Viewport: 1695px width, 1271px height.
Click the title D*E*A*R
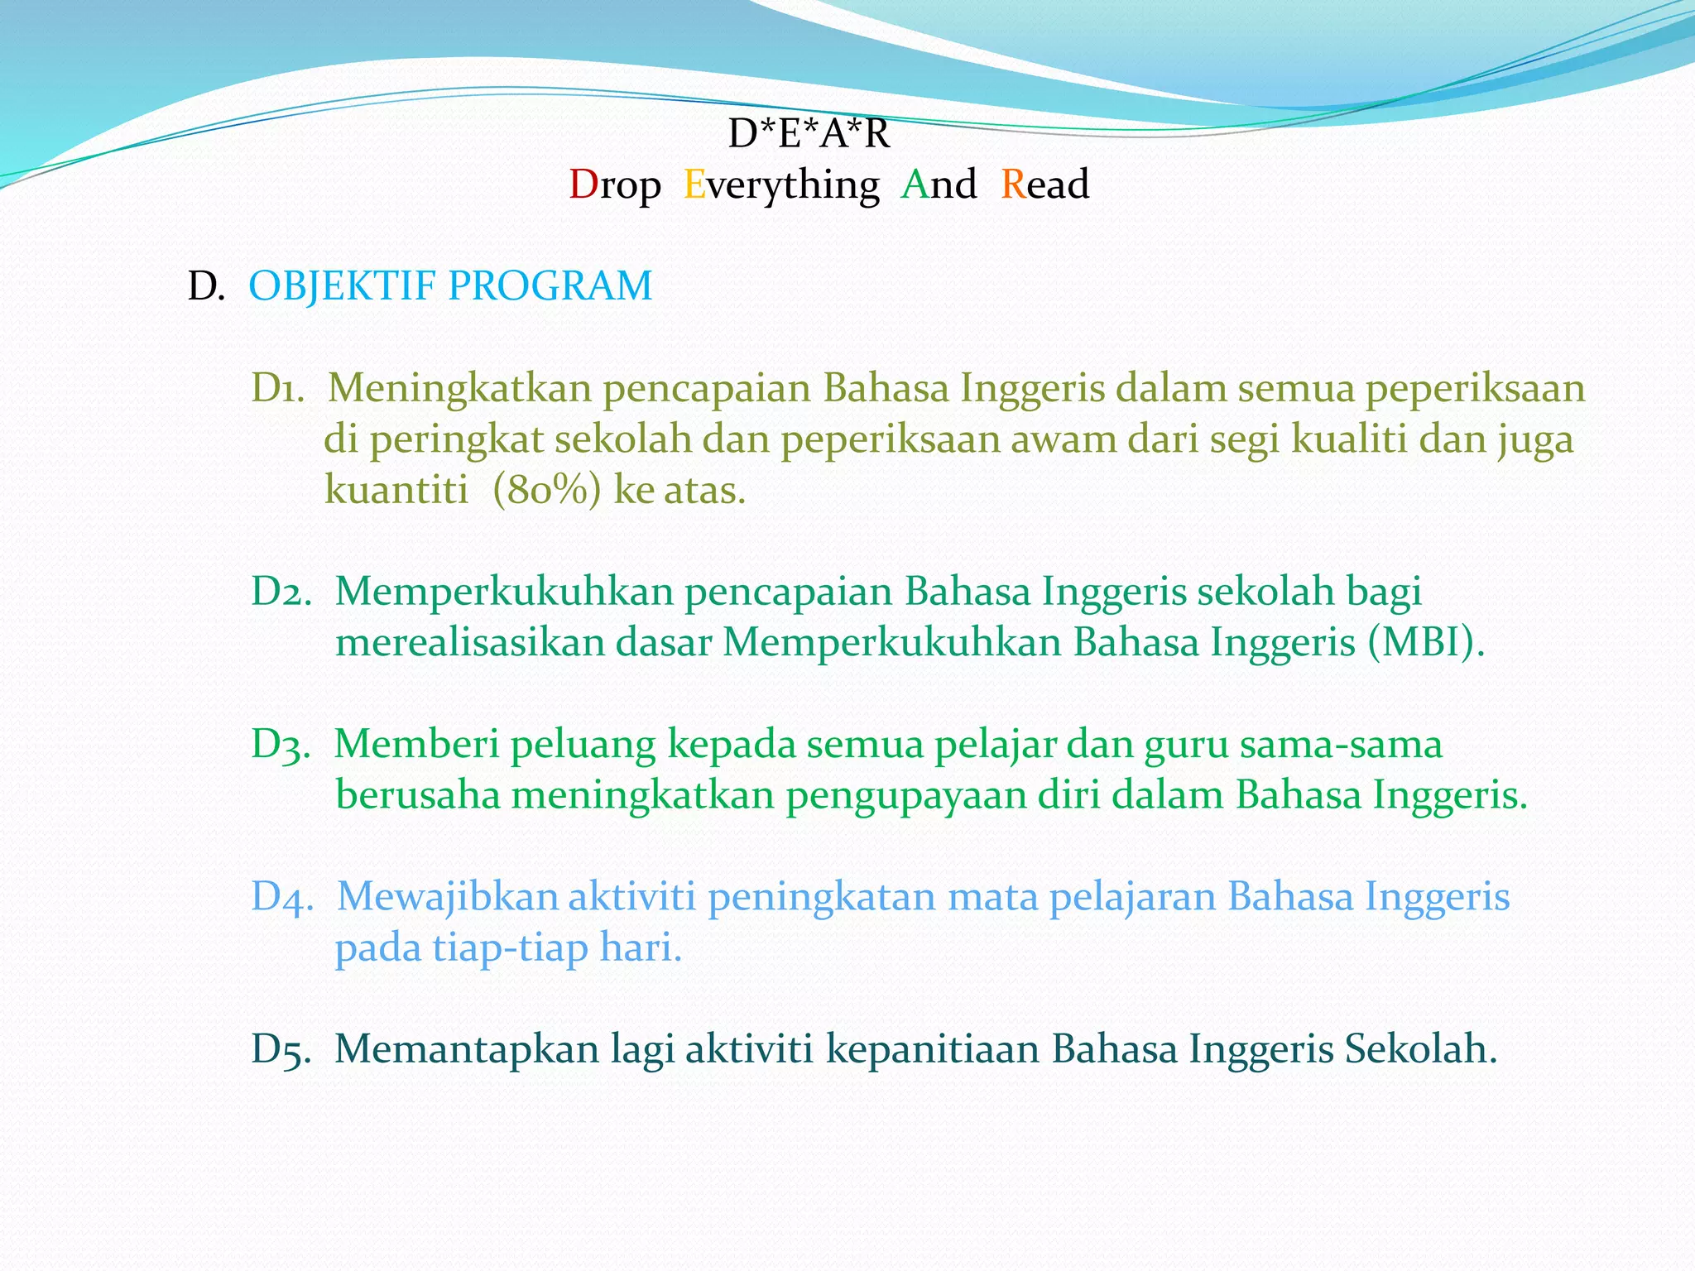tap(809, 134)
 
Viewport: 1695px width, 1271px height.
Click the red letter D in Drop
tap(583, 185)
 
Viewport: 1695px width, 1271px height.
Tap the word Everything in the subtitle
tap(781, 185)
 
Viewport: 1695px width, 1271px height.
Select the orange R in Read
tap(1013, 185)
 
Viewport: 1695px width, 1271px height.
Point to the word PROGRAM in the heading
tap(550, 286)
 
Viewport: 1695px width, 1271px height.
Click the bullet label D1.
tap(277, 389)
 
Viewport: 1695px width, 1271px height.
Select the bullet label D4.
tap(282, 897)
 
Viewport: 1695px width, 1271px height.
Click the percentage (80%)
tap(546, 491)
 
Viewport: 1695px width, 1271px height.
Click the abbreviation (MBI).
tap(1425, 643)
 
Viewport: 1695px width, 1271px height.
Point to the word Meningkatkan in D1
tap(459, 389)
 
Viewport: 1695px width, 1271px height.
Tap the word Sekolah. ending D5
tap(1420, 1049)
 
